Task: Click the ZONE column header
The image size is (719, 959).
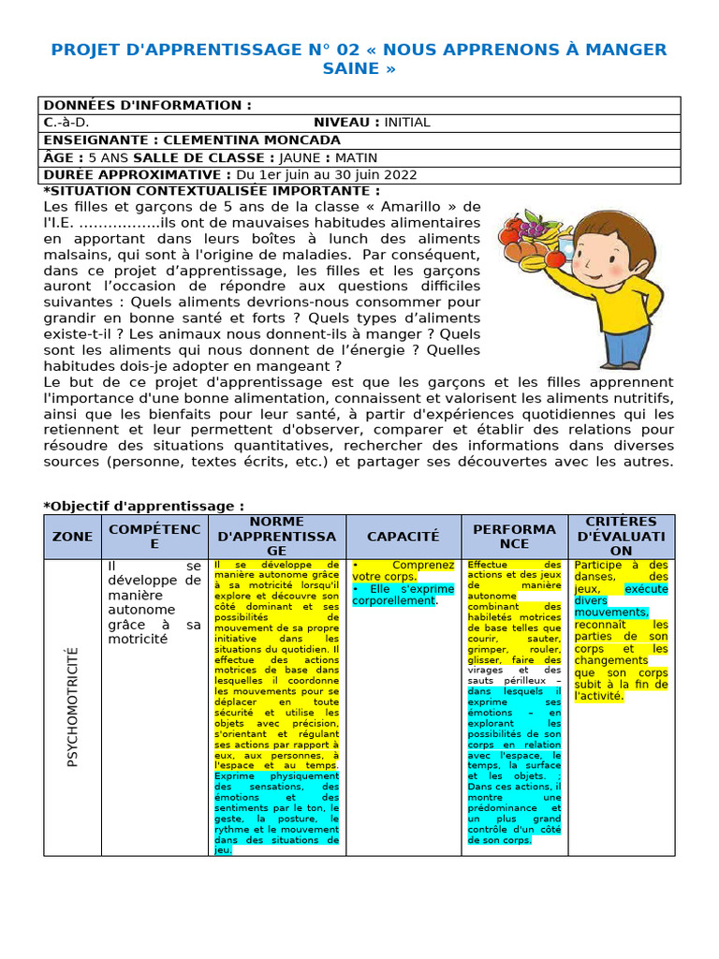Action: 73,537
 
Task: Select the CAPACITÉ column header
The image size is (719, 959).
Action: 403,537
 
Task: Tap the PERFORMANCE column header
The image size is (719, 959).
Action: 514,537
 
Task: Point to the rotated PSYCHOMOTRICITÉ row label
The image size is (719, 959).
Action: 73,707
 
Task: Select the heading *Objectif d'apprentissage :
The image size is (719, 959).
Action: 143,506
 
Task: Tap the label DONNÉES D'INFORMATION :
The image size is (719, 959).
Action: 147,105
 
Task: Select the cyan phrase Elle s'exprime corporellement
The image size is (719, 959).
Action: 403,594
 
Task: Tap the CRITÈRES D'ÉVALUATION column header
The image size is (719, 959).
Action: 621,537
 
